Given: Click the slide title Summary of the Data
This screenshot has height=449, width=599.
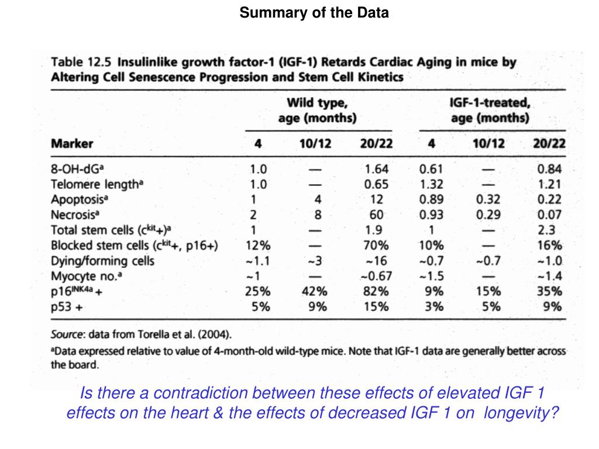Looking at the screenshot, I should pyautogui.click(x=314, y=13).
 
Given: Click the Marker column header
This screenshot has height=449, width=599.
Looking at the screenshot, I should pyautogui.click(x=72, y=143).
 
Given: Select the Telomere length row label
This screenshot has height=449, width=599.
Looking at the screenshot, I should pyautogui.click(x=97, y=184).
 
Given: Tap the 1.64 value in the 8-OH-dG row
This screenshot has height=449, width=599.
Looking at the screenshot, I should pyautogui.click(x=376, y=170).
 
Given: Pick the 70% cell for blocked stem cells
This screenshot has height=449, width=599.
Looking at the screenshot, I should pyautogui.click(x=376, y=246).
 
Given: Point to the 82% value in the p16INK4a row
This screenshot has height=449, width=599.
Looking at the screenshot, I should pyautogui.click(x=376, y=291).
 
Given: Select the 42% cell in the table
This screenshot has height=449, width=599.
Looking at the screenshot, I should pyautogui.click(x=315, y=291).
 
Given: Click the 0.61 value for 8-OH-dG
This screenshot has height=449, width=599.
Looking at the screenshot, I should pyautogui.click(x=432, y=170).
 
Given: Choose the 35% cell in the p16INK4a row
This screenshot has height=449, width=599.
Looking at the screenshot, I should pyautogui.click(x=549, y=291).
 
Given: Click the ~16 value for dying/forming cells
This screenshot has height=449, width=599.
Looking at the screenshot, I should pyautogui.click(x=376, y=261).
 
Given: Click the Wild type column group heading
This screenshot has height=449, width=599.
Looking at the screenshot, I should pyautogui.click(x=317, y=110).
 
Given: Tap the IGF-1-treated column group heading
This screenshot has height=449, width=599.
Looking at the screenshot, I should pyautogui.click(x=490, y=110).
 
